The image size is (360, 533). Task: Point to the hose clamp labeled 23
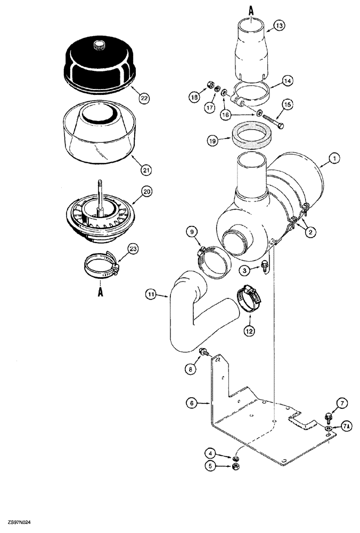pos(101,264)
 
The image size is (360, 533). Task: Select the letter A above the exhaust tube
pos(251,9)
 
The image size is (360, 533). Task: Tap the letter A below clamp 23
pos(100,293)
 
